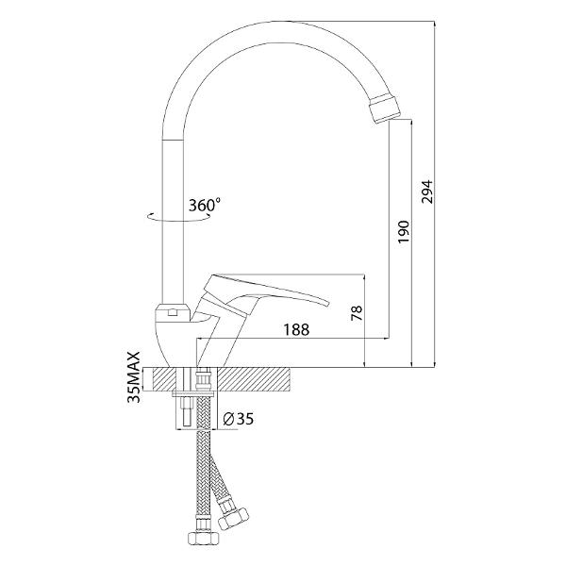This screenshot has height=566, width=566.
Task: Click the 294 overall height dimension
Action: point(427,191)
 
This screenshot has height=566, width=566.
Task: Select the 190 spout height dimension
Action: point(404,231)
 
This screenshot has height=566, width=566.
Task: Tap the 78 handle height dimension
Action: point(357,313)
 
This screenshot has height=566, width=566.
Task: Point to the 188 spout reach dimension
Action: point(296,330)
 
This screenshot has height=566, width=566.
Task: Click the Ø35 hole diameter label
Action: point(239,419)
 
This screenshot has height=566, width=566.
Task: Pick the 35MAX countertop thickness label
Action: point(135,377)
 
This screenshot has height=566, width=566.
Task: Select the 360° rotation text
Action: point(205,205)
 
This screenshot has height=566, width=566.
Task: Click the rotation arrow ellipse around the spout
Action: point(178,219)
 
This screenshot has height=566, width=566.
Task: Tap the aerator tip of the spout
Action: point(385,108)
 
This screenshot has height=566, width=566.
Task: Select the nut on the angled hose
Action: point(234,517)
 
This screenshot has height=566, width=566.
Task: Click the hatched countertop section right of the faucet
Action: point(255,379)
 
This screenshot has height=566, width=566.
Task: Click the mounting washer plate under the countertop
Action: point(192,393)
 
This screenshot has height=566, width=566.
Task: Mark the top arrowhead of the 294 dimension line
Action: point(435,24)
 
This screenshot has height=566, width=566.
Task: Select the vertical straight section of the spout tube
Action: point(173,222)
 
